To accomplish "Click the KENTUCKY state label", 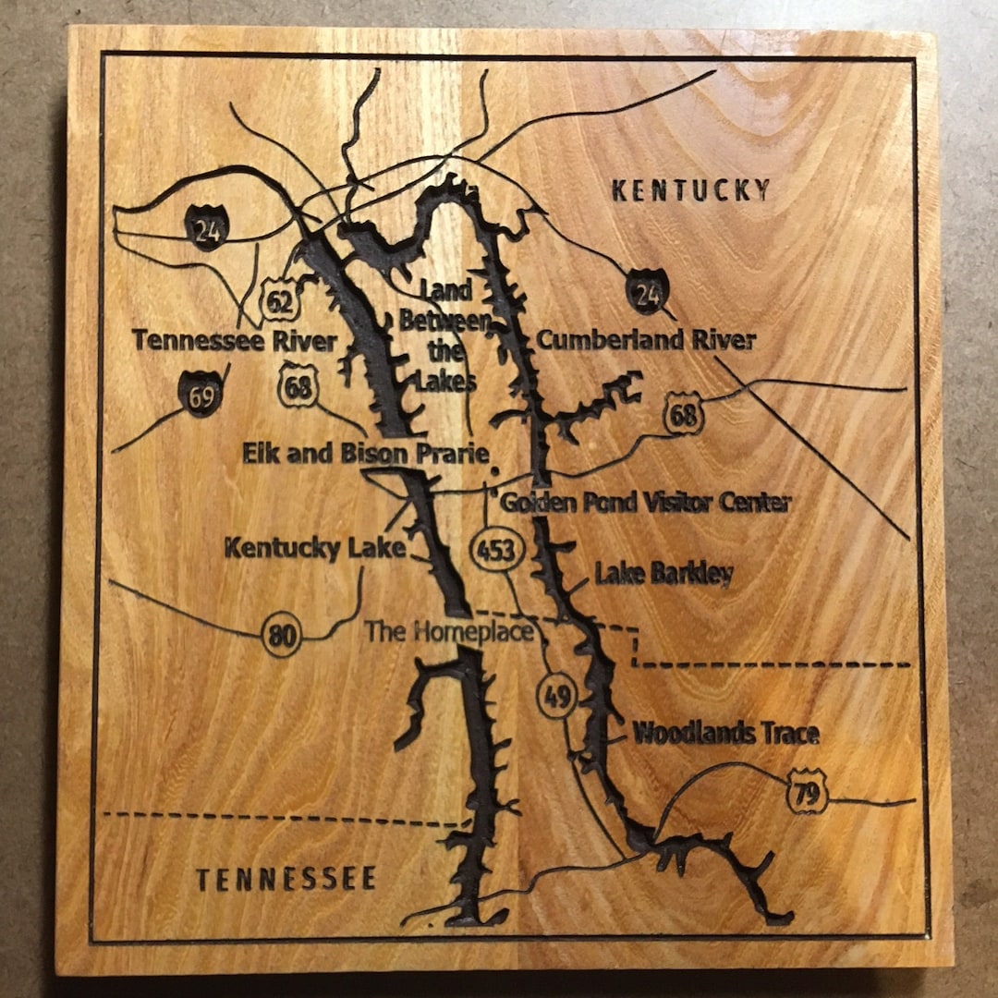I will [691, 190].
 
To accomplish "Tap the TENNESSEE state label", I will [286, 878].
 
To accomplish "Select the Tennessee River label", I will [235, 341].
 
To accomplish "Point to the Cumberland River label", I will [646, 340].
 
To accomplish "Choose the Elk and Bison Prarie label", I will [365, 454].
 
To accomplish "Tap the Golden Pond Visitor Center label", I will [645, 503].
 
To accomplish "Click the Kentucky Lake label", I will [315, 548].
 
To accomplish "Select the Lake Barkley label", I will [663, 573].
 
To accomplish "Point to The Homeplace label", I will [449, 632].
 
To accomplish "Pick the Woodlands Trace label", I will [725, 734].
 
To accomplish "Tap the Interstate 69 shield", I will [201, 393].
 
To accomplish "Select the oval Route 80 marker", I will [281, 637].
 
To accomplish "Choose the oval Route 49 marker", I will [556, 698].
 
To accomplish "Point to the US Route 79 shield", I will [808, 793].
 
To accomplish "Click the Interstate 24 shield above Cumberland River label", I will [647, 291].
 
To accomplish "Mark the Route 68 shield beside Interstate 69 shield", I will [298, 386].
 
